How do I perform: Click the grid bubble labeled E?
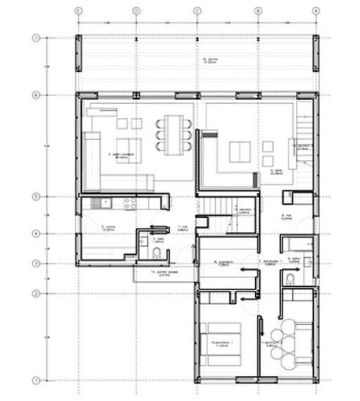pos(77,11)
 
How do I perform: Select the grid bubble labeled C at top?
pos(197,11)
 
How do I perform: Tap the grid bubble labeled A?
pos(316,11)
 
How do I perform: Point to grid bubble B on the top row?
pos(257,11)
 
